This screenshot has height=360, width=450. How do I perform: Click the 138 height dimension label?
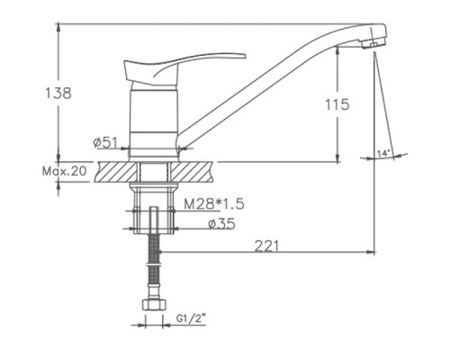click(58, 93)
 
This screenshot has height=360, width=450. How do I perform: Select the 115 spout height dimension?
click(337, 104)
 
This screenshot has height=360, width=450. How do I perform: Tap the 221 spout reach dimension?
click(266, 247)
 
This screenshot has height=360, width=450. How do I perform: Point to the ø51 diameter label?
click(106, 143)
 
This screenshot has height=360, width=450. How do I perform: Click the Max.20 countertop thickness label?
click(65, 171)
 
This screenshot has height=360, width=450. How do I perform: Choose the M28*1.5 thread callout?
click(214, 204)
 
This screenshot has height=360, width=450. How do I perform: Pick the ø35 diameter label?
click(221, 224)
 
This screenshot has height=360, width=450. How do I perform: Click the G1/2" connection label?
click(191, 319)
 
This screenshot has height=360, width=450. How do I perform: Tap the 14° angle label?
click(383, 154)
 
